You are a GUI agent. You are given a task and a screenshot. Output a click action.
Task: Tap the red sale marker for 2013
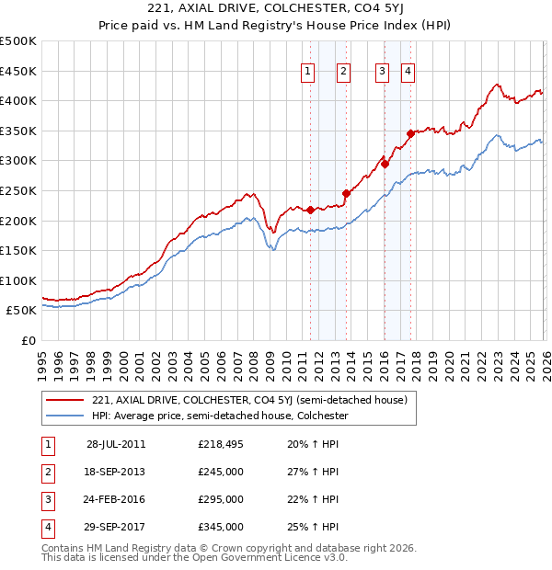coord(346,194)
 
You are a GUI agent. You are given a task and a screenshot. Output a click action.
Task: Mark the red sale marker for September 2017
coord(411,133)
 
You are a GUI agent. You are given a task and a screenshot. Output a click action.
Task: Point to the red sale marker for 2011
coord(311,210)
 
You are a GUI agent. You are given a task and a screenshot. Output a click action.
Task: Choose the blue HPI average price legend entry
coord(219,416)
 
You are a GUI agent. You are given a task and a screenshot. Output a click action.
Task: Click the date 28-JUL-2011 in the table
coord(116,444)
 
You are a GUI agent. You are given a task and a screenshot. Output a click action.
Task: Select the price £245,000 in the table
coord(221,472)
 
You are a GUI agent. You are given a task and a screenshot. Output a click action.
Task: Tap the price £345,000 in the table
coord(221,527)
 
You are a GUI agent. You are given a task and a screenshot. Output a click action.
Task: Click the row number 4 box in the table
coord(47,527)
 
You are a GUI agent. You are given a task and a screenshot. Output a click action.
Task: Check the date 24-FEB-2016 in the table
coord(116,499)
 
